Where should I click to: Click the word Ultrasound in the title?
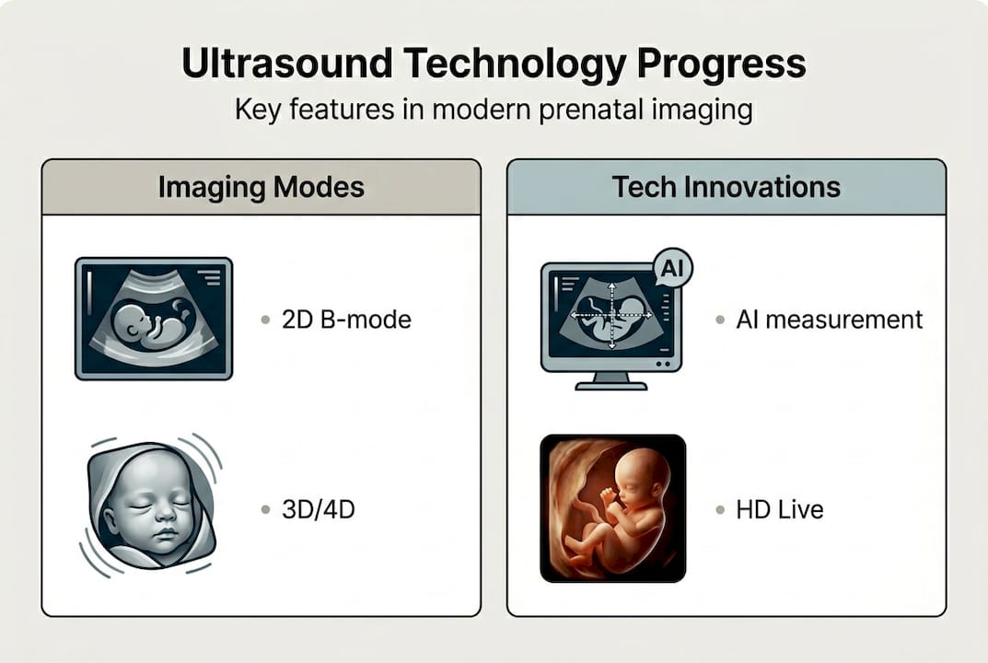pos(286,63)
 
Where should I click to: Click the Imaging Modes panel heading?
pos(261,187)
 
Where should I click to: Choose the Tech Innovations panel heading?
pos(726,187)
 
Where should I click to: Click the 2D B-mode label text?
pos(346,320)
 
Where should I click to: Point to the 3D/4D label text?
pos(319,509)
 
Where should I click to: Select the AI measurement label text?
pos(830,320)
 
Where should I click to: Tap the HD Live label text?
pos(779,509)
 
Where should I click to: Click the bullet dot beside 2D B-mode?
pos(265,320)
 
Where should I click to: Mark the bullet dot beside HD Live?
pos(720,510)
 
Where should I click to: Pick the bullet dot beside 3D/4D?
pos(265,510)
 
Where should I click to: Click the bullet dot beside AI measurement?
pos(720,320)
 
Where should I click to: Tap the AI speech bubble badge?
pos(673,269)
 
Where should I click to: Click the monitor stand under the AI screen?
pos(611,381)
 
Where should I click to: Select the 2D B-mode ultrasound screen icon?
pos(154,319)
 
